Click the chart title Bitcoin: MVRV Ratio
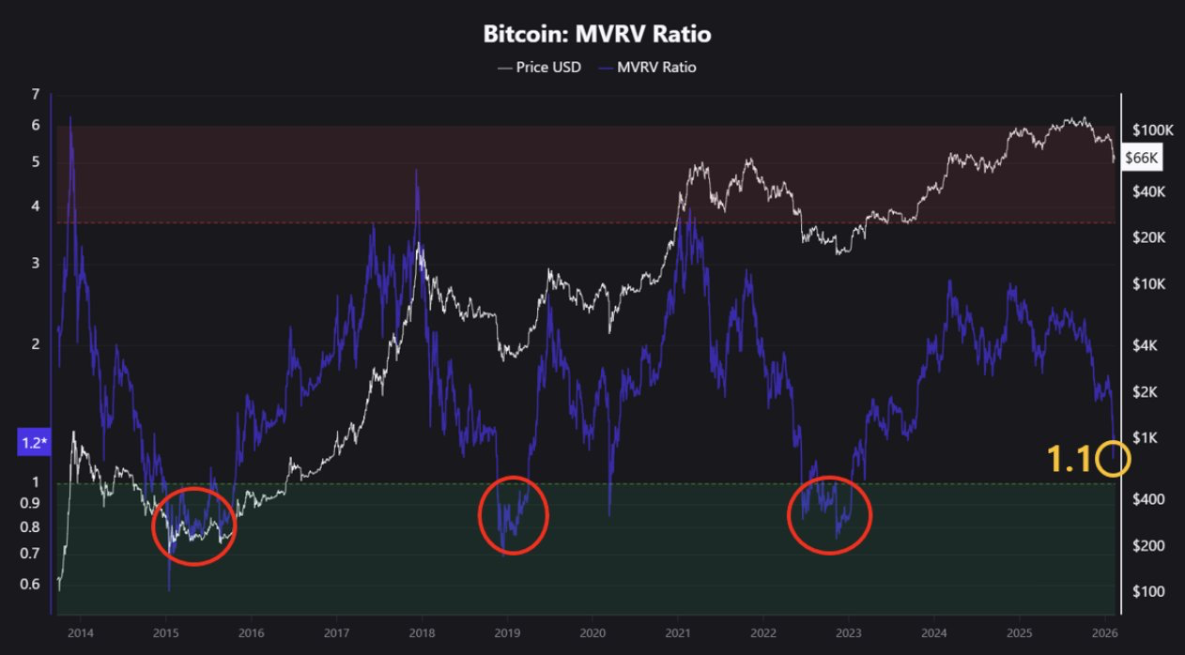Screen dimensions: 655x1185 [x=596, y=35]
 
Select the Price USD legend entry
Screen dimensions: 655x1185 [x=540, y=68]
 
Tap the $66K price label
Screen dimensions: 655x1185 [x=1142, y=160]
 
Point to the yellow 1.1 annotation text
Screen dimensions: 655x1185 [x=1069, y=459]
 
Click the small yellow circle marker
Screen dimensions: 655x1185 [x=1113, y=459]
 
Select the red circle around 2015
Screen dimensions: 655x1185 [x=194, y=526]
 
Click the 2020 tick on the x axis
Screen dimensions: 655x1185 [x=592, y=632]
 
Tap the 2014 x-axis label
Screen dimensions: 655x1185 [x=81, y=632]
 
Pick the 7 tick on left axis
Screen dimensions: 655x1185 [x=35, y=94]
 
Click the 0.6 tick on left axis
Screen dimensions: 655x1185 [x=30, y=585]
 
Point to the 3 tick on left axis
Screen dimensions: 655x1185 [x=35, y=263]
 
